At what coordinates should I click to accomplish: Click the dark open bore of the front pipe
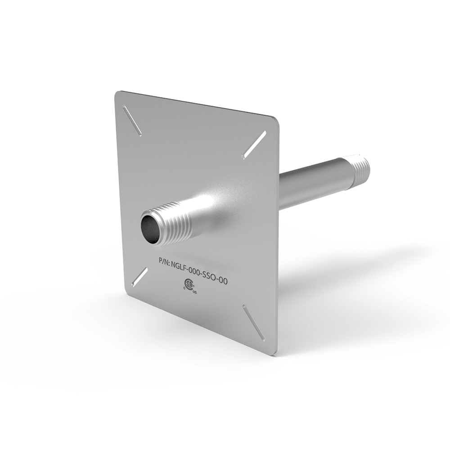(151, 227)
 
